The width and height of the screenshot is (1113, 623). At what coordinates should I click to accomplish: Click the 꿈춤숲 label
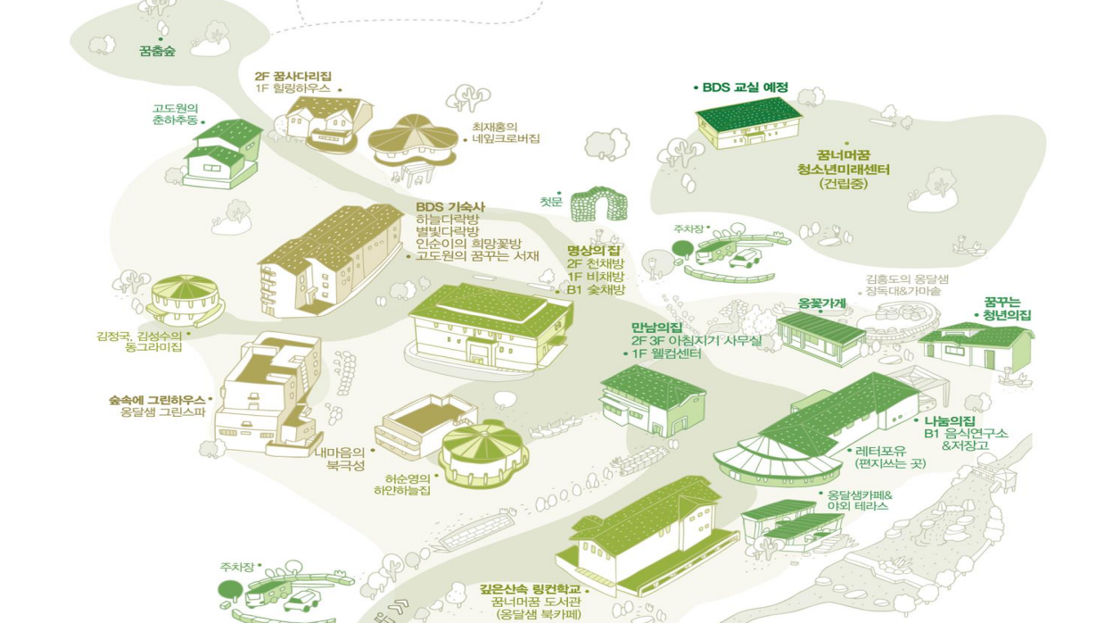157,52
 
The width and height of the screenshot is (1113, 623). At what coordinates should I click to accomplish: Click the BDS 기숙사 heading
450,207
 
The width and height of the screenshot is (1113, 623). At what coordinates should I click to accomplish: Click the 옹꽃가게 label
821,303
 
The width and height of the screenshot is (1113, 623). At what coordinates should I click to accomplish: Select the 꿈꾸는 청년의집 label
1007,309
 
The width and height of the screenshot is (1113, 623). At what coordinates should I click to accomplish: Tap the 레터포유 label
878,451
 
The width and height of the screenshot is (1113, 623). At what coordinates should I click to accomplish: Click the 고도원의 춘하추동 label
175,114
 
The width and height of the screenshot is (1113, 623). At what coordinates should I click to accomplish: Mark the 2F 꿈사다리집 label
293,77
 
